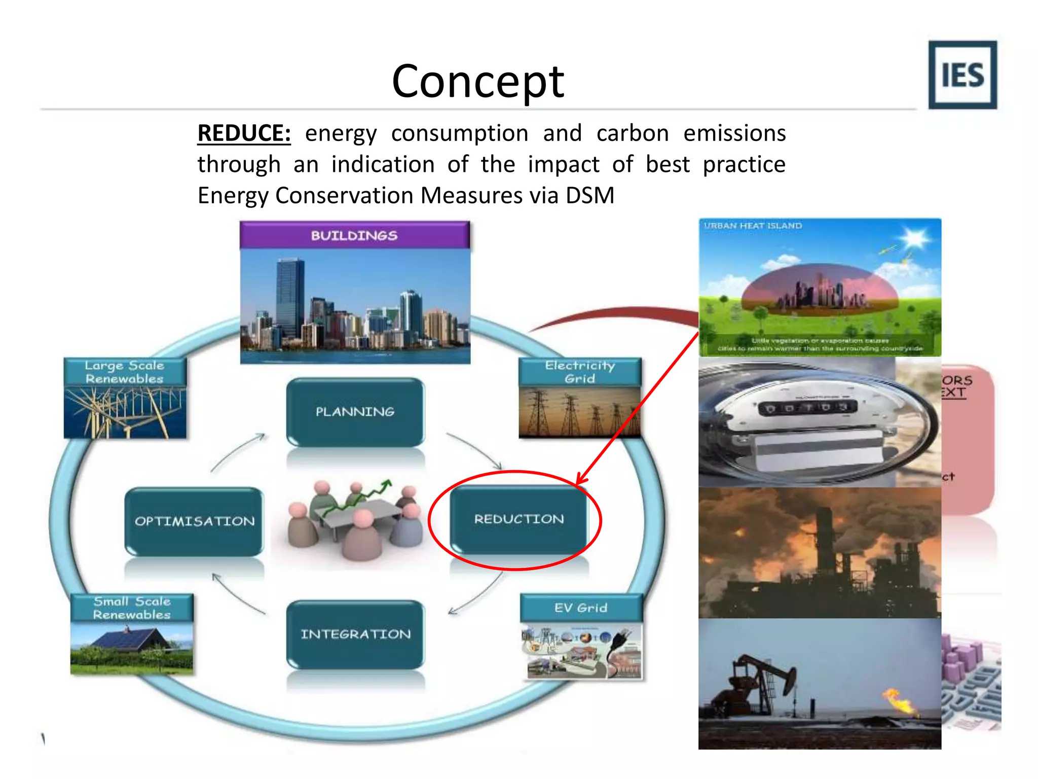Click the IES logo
(x=962, y=75)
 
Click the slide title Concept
(x=477, y=81)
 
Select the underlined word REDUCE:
(x=244, y=133)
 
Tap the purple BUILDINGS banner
(x=354, y=235)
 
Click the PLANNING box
(x=355, y=411)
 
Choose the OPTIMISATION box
(x=194, y=521)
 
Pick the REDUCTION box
(x=518, y=519)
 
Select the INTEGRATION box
(x=355, y=634)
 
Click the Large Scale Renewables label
(x=125, y=372)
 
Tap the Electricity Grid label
(x=580, y=372)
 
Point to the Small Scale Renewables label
(x=132, y=608)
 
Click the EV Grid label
(x=581, y=608)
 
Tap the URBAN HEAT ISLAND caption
(x=753, y=226)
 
